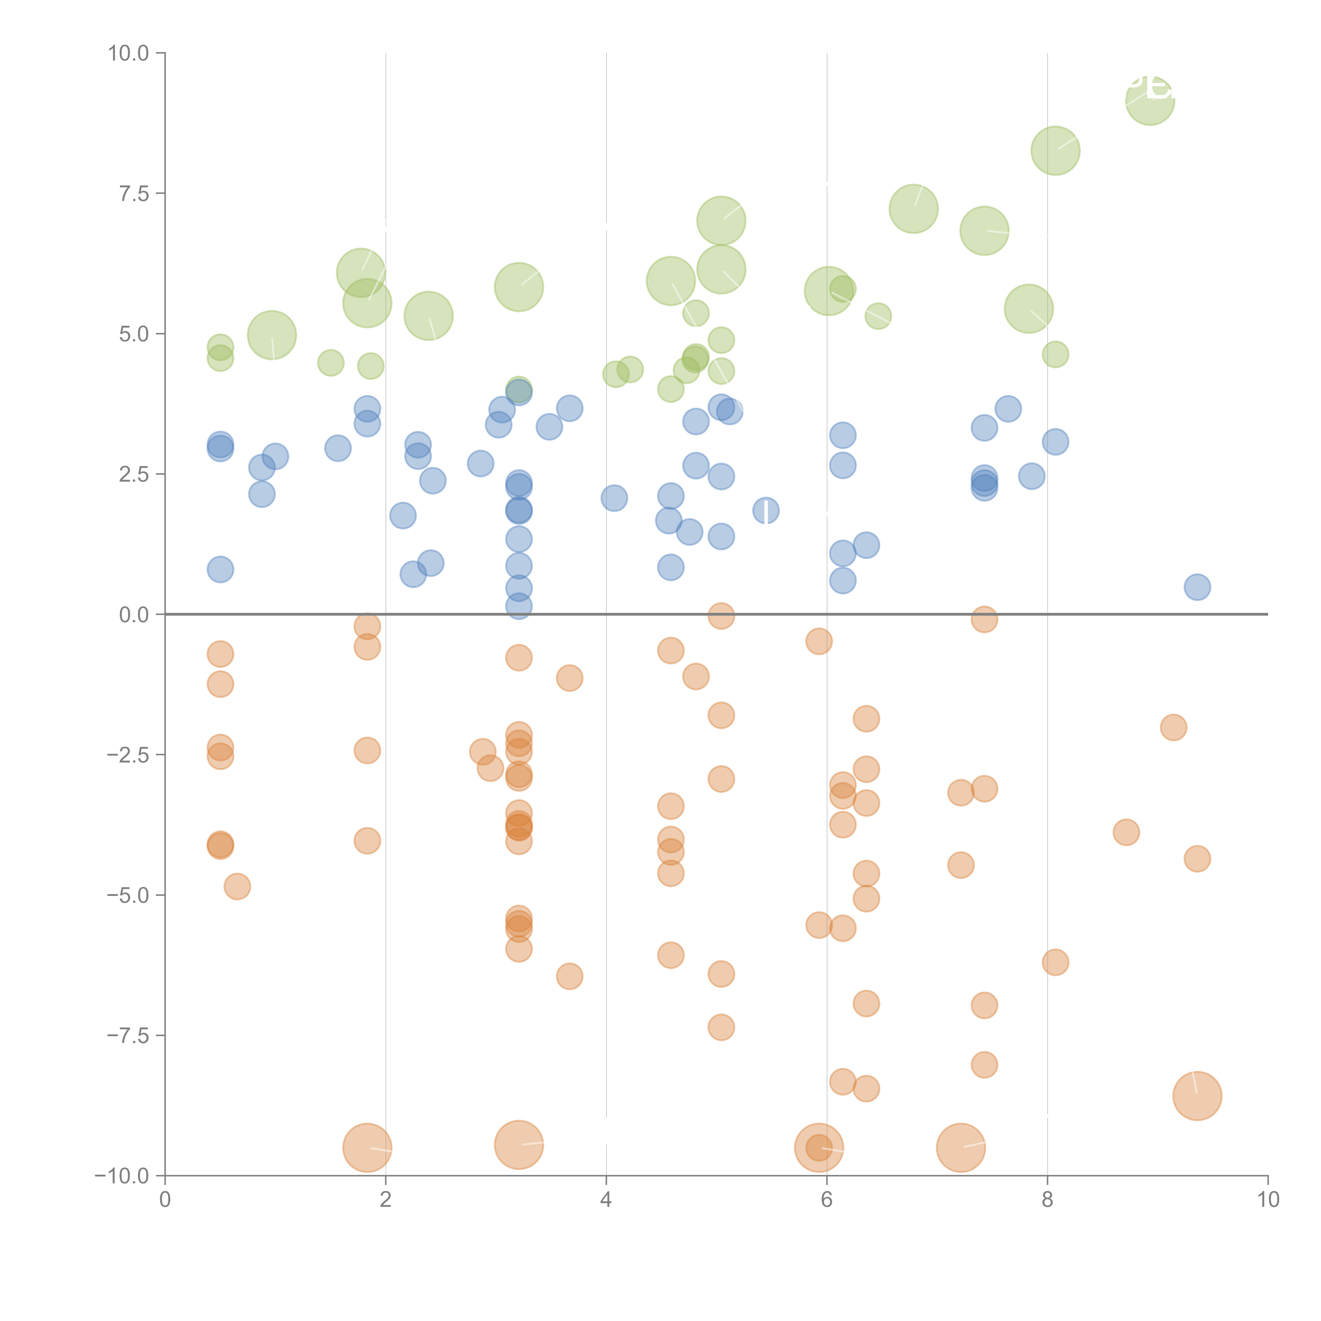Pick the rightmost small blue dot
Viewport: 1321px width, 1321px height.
1197,587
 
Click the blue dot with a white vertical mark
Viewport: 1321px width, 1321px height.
766,510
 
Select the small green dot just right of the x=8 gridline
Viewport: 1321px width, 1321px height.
1055,354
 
